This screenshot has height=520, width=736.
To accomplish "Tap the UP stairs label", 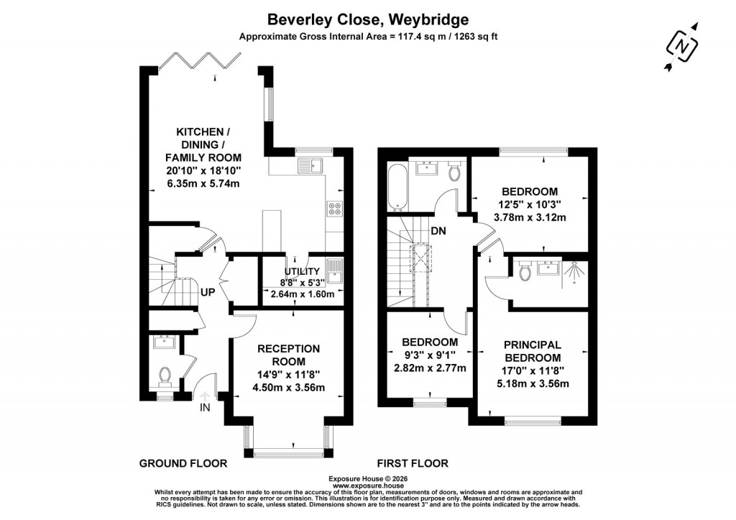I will click(208, 293).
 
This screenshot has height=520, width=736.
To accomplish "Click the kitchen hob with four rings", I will click(334, 208).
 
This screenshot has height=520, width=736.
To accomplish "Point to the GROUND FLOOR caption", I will click(183, 463).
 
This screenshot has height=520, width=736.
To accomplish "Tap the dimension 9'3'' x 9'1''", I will click(430, 355).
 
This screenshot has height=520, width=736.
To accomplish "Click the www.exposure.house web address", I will click(367, 485).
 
